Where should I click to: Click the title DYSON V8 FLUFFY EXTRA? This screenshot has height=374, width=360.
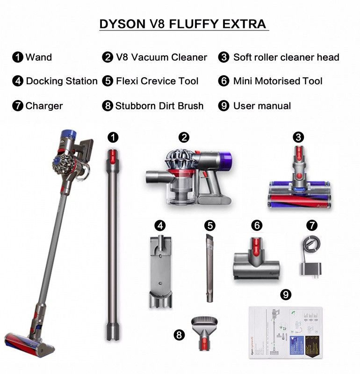point(183,24)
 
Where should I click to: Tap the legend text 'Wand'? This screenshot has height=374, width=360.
point(38,58)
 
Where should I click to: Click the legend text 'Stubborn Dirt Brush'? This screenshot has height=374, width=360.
point(159,106)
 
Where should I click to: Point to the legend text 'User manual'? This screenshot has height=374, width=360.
point(262,106)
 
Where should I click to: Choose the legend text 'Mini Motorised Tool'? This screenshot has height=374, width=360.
point(278,81)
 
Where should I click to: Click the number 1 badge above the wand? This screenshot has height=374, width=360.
point(113,137)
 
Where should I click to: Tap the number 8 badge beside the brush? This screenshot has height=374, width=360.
point(179,335)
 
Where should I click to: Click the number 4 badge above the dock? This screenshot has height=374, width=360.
point(160,225)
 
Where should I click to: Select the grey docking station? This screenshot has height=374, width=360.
point(160,271)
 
